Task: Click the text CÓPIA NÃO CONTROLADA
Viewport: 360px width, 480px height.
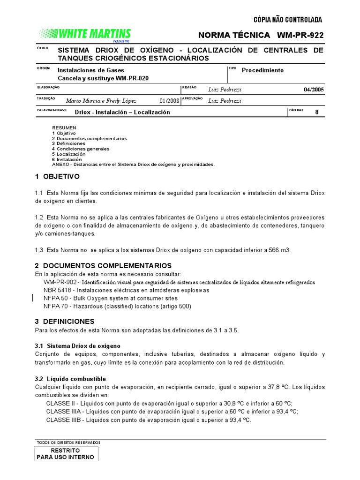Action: [287, 20]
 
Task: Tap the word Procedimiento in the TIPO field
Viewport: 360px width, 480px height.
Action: [262, 70]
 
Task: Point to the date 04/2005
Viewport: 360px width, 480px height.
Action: [313, 90]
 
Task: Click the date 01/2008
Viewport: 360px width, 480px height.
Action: [169, 101]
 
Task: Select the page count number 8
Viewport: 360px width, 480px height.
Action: [316, 112]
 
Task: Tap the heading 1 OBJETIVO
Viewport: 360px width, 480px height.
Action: [57, 177]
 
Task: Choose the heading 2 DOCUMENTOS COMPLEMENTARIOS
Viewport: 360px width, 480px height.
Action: [103, 266]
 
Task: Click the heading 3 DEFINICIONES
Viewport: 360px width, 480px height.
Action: [65, 322]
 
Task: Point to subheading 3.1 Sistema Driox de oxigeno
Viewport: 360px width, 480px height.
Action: [77, 345]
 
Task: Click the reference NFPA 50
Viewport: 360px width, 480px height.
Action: [57, 298]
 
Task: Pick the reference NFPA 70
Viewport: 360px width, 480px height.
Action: [57, 306]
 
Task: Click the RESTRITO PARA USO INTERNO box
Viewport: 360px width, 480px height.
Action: [65, 453]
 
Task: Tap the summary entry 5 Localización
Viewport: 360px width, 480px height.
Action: [68, 154]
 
